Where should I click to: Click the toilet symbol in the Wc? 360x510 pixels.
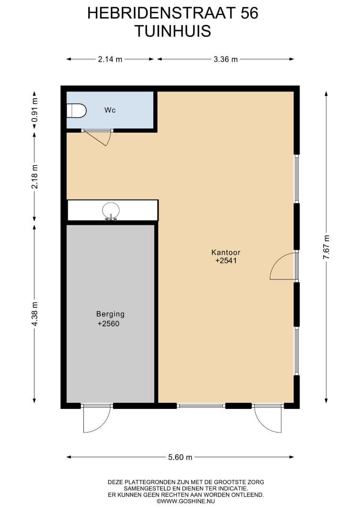click(77, 110)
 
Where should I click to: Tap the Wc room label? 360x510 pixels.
click(110, 110)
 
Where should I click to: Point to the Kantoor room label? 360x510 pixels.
click(226, 252)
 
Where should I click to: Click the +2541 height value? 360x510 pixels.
click(226, 261)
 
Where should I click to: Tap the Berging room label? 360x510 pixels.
click(110, 314)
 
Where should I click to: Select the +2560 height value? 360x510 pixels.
click(109, 324)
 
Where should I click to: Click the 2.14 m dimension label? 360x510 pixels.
click(110, 59)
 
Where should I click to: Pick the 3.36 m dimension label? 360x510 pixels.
click(226, 59)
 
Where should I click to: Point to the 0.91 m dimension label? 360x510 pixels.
click(34, 110)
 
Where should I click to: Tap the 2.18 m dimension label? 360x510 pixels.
click(34, 177)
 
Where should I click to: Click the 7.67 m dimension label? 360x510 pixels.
click(326, 247)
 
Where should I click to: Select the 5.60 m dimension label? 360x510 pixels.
click(180, 457)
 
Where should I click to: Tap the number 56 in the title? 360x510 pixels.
click(250, 13)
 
